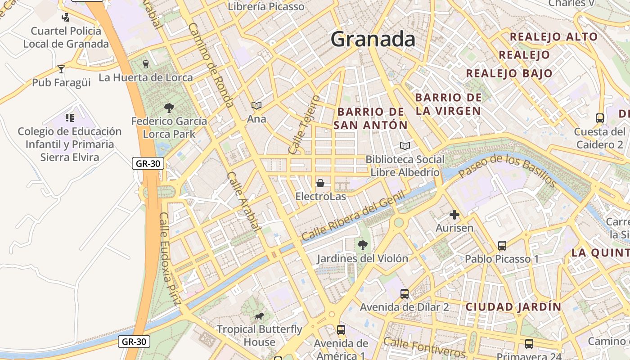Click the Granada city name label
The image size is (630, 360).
tap(373, 39)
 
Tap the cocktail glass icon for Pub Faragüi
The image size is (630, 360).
tap(61, 69)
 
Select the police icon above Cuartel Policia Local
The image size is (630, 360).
tap(66, 18)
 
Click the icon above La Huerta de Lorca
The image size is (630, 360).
tap(145, 64)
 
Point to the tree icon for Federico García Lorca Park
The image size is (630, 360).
tap(169, 108)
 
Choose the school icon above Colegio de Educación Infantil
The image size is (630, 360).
tap(69, 118)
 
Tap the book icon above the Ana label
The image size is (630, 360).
tap(256, 105)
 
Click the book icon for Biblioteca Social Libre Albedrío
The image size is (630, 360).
tap(405, 146)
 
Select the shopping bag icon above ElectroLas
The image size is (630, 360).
tap(320, 183)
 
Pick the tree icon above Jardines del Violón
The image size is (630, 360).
tap(362, 245)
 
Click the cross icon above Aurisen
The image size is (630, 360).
tap(454, 215)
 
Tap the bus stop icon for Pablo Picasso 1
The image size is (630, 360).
tap(502, 246)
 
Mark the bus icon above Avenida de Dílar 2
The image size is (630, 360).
tap(404, 294)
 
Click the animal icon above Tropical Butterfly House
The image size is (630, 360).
tap(259, 316)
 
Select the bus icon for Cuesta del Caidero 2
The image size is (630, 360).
tap(600, 118)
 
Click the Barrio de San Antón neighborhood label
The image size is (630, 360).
tap(370, 118)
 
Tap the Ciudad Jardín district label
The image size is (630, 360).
tap(513, 307)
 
